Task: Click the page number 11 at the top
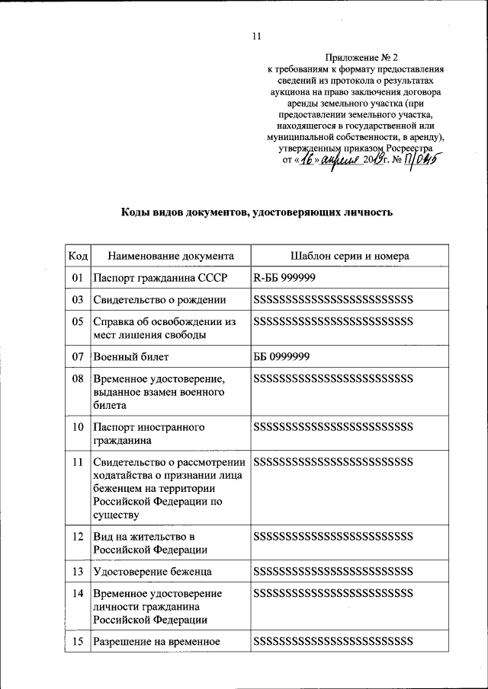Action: pyautogui.click(x=256, y=36)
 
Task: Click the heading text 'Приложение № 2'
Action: pyautogui.click(x=361, y=57)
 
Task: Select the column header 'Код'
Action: pyautogui.click(x=78, y=256)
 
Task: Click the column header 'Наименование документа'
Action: pyautogui.click(x=170, y=256)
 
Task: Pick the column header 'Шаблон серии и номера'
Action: pyautogui.click(x=349, y=256)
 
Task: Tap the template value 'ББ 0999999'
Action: pyautogui.click(x=281, y=356)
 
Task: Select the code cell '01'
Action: pyautogui.click(x=78, y=278)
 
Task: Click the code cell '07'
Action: pyautogui.click(x=78, y=356)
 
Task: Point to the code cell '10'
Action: pyautogui.click(x=78, y=427)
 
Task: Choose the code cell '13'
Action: pyautogui.click(x=78, y=571)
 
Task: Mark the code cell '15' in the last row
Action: pyautogui.click(x=78, y=641)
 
